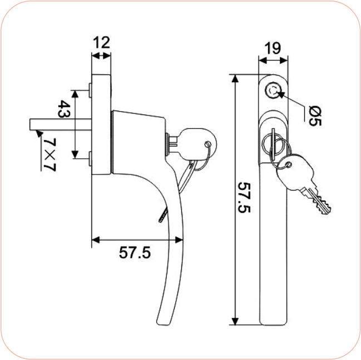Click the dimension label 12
click(102, 42)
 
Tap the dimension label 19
click(273, 48)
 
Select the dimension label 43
click(65, 108)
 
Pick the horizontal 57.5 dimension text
click(135, 252)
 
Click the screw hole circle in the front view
click(274, 89)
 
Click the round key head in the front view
click(290, 169)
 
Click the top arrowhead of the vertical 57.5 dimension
click(235, 78)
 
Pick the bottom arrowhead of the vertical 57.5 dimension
click(235, 322)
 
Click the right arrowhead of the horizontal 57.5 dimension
click(179, 240)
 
